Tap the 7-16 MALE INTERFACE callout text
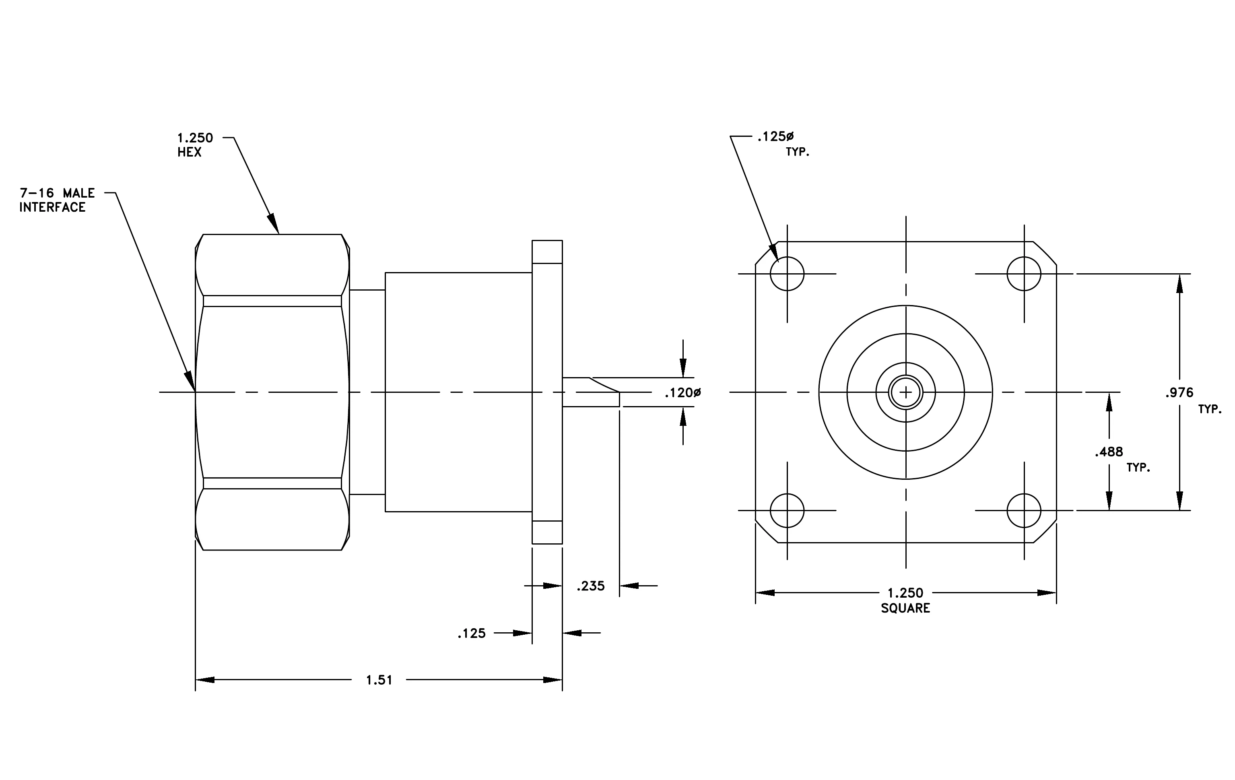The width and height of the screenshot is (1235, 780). (x=57, y=200)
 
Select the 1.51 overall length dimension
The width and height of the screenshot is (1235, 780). (x=379, y=680)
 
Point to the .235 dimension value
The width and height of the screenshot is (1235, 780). (x=591, y=586)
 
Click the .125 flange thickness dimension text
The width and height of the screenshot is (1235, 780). (x=471, y=633)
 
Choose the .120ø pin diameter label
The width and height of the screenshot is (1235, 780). (x=682, y=393)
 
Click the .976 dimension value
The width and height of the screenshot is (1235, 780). (x=1179, y=393)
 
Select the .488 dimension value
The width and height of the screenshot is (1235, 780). (x=1109, y=452)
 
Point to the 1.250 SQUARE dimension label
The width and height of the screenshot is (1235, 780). (x=905, y=600)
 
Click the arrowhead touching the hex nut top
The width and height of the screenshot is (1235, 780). (x=273, y=224)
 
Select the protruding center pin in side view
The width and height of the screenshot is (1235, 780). (x=591, y=392)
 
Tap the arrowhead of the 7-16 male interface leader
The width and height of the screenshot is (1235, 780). (x=190, y=381)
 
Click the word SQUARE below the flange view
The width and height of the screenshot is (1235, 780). (x=905, y=608)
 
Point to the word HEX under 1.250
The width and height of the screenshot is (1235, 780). (x=189, y=152)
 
